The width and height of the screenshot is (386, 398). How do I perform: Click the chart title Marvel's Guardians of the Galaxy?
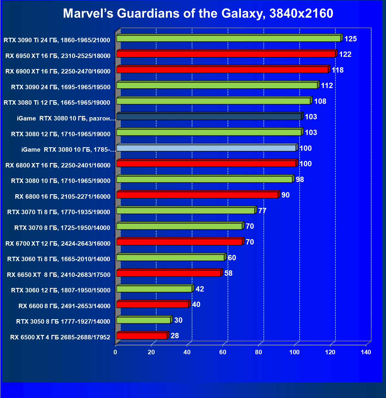click(x=198, y=14)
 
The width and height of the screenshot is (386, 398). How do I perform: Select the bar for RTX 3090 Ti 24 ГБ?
click(x=228, y=38)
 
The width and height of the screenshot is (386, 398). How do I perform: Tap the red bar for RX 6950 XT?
click(x=226, y=54)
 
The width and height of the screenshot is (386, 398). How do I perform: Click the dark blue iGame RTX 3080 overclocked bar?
click(x=209, y=117)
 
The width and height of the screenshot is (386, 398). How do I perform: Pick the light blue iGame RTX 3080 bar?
click(x=206, y=148)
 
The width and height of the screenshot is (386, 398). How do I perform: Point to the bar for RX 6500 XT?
click(x=142, y=336)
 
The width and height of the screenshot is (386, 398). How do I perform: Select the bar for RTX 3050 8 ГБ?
click(x=144, y=320)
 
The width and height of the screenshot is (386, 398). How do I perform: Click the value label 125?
click(x=351, y=39)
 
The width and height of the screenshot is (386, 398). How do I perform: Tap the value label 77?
click(x=262, y=211)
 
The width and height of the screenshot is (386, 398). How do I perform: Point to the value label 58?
click(x=228, y=273)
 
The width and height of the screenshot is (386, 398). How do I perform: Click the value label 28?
click(x=175, y=336)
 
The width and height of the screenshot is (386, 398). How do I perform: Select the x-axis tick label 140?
click(x=366, y=352)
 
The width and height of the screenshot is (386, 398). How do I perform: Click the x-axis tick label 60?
click(x=223, y=352)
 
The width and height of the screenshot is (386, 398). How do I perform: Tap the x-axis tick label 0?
click(x=115, y=352)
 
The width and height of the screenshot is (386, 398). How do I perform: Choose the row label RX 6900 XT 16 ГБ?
click(x=58, y=71)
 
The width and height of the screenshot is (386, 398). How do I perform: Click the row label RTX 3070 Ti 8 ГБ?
click(x=59, y=212)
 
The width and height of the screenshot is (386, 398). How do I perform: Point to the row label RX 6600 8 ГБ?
click(x=64, y=306)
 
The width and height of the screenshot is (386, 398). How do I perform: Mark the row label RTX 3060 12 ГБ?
click(x=61, y=290)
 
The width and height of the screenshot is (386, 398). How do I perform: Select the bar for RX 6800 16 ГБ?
click(x=197, y=195)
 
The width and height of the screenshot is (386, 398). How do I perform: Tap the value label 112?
click(x=327, y=86)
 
